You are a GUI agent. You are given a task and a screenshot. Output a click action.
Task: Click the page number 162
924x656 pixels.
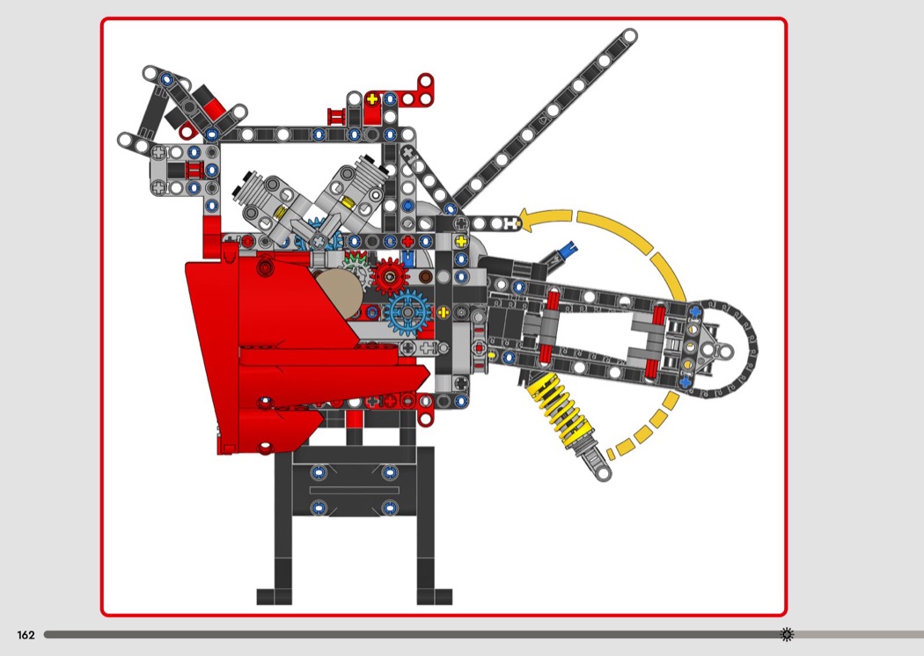pos(26,635)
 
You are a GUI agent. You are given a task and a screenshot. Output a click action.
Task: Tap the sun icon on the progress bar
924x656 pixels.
pos(787,634)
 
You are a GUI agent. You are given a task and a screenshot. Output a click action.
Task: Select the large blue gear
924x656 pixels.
pos(407,311)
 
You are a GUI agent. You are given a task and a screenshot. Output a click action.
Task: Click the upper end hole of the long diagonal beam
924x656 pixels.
pos(629,36)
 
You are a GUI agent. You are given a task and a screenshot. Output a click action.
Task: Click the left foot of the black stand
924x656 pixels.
pos(274,596)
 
